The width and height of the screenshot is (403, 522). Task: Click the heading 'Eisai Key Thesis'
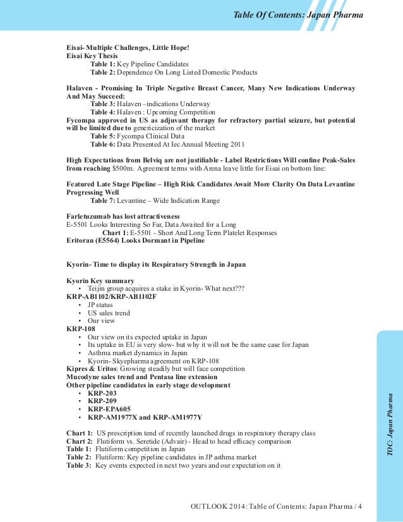[x=92, y=56]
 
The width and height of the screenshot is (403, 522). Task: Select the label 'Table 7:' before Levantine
[x=104, y=200]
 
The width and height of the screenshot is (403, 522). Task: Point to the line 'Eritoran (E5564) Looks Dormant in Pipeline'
[x=135, y=241]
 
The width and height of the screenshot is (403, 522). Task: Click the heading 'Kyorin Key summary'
[x=100, y=280]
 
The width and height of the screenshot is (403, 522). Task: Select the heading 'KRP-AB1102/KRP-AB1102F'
[x=111, y=296]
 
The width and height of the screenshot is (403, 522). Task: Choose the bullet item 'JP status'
[x=100, y=305]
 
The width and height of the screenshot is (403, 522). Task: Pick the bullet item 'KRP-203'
[x=102, y=393]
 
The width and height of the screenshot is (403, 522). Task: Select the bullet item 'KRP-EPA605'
[x=109, y=409]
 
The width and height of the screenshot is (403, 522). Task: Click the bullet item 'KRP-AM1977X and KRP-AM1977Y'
[x=145, y=417]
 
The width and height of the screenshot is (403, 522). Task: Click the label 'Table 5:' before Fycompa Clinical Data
[x=104, y=136]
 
